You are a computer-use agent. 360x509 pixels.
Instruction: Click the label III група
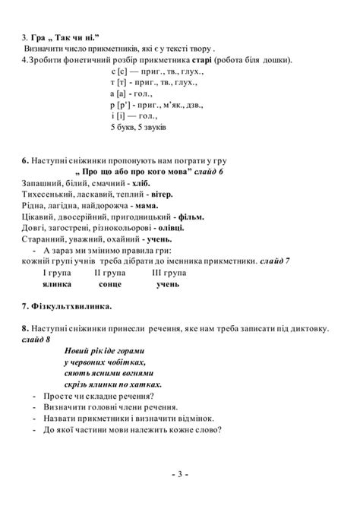[x=169, y=272]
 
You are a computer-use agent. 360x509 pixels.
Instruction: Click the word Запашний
[x=43, y=183]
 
